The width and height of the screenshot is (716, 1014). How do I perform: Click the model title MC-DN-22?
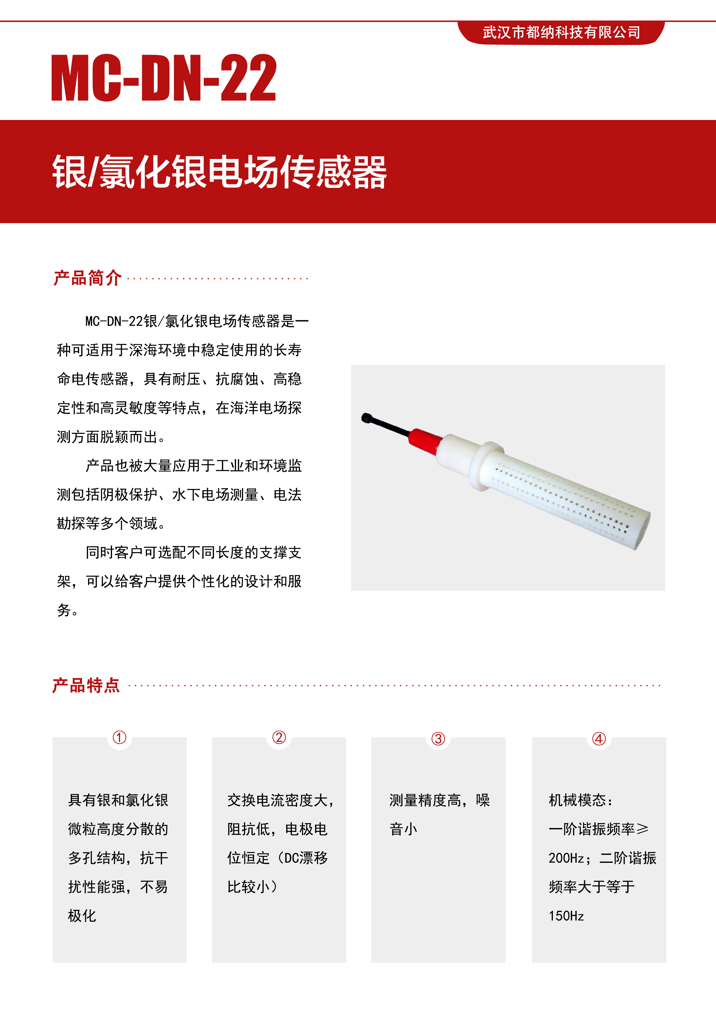pos(164,78)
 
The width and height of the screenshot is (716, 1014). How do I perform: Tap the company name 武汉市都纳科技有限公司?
pos(561,32)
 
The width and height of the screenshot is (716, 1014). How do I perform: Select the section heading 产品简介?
pos(87,278)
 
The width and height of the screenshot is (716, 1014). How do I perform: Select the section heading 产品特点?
pos(86,685)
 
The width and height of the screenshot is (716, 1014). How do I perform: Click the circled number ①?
pos(120,737)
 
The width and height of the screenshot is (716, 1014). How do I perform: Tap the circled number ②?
pos(279,737)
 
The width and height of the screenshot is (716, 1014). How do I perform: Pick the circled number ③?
pos(438,739)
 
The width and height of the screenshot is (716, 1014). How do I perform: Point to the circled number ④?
pos(599,739)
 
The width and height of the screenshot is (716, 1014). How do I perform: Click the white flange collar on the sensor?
pos(485,466)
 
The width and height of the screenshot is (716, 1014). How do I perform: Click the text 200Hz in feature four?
pos(566,858)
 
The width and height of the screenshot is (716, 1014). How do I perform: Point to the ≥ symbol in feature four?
pos(642,829)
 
